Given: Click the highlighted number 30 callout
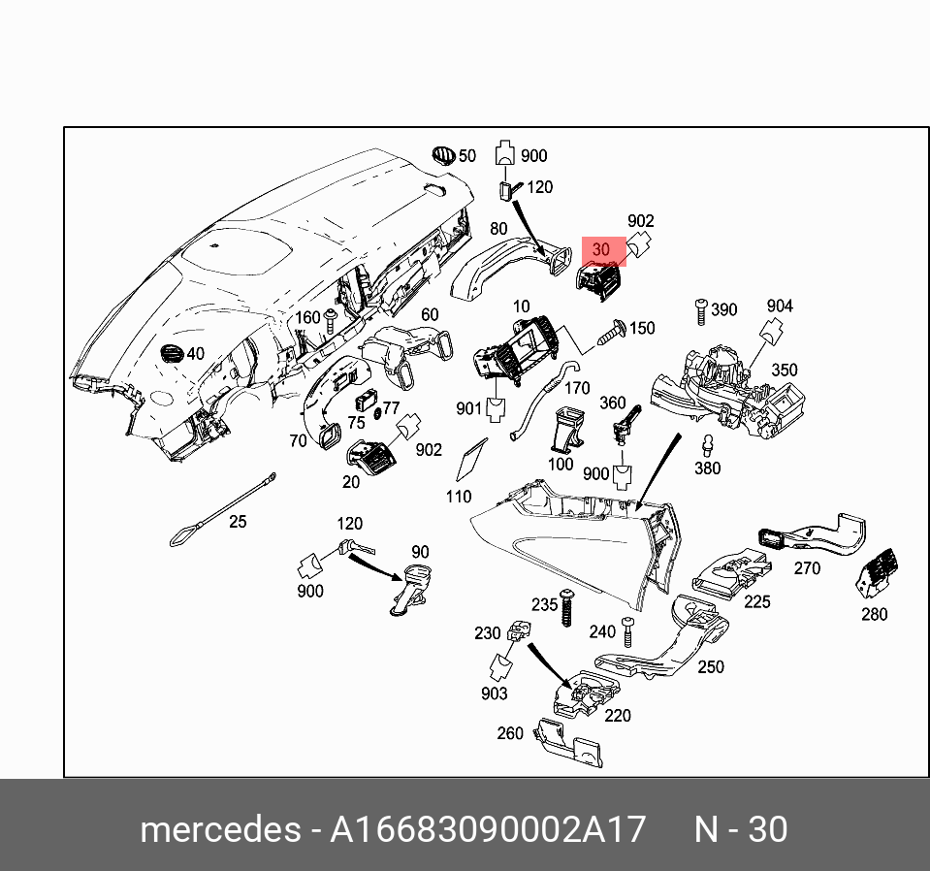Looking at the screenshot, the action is pos(601,249).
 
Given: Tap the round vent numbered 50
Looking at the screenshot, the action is pos(443,155).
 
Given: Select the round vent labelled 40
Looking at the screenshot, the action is pos(172,353).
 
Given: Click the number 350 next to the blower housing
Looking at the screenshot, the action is pos(784,371).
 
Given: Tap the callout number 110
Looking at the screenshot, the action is pos(458,497).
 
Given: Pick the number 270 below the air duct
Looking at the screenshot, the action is pos(807,568).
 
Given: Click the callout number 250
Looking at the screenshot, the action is pos(711,666).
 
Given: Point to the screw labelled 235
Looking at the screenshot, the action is pos(566,608).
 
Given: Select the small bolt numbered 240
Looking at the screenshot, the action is pos(627,632).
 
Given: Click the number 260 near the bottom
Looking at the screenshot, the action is pos(510,733).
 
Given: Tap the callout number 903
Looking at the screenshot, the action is pos(494,694).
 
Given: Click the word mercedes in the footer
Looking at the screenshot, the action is pos(220,830).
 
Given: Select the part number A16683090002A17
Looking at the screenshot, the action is pos(488,830).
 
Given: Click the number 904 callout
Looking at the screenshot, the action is pos(780,306).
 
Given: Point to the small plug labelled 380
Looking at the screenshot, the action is pos(708,446).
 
